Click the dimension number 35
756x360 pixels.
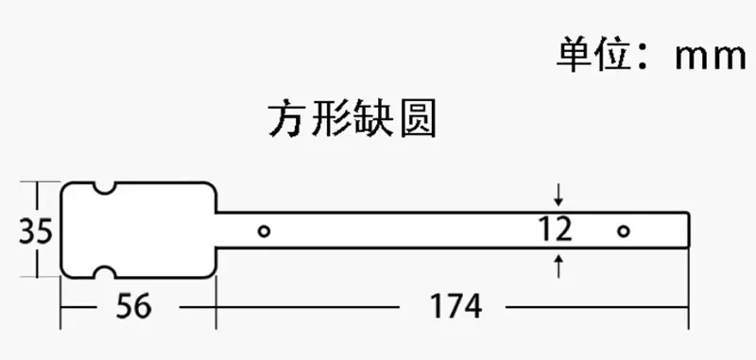pyautogui.click(x=35, y=231)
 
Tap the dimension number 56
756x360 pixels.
pyautogui.click(x=133, y=306)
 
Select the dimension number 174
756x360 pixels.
pyautogui.click(x=455, y=306)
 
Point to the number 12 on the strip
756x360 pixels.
pyautogui.click(x=556, y=230)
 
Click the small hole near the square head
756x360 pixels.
pyautogui.click(x=264, y=231)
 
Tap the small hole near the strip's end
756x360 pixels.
pyautogui.click(x=624, y=231)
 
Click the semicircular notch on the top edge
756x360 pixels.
pyautogui.click(x=104, y=188)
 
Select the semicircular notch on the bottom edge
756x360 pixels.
pyautogui.click(x=104, y=272)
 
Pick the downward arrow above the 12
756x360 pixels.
pyautogui.click(x=558, y=195)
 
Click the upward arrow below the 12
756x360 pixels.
pyautogui.click(x=558, y=266)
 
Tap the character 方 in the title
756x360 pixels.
pyautogui.click(x=286, y=118)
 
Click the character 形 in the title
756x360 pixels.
pyautogui.click(x=330, y=118)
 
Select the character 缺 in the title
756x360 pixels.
pyautogui.click(x=373, y=118)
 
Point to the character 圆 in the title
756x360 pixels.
pyautogui.click(x=418, y=118)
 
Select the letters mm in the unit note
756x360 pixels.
pyautogui.click(x=711, y=58)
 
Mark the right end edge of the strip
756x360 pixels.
pyautogui.click(x=688, y=230)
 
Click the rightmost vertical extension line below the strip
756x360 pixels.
pyautogui.click(x=688, y=289)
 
